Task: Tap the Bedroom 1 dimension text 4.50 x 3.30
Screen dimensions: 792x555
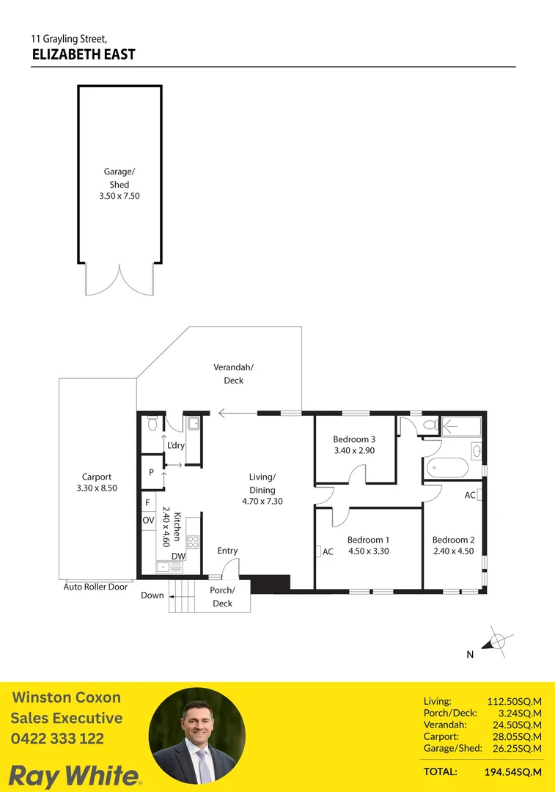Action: (x=368, y=551)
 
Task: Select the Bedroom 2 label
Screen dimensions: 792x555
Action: (x=452, y=540)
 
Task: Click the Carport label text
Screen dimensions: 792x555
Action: (x=97, y=477)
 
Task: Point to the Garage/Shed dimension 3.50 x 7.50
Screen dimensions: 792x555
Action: (x=119, y=196)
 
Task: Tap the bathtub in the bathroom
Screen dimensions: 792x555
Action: (x=446, y=468)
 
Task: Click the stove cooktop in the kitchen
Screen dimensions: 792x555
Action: (x=194, y=542)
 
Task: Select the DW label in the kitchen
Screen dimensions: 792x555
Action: (x=178, y=557)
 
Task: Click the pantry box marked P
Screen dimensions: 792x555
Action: (x=151, y=473)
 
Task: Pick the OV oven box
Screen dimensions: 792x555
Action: (x=148, y=520)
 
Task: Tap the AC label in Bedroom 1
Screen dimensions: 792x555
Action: (x=328, y=551)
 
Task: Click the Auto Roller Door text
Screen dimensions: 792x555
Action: (x=95, y=587)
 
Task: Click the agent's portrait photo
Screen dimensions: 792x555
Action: (x=196, y=736)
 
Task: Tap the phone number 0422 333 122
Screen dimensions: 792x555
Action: (x=57, y=739)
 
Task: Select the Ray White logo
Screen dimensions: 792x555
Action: (x=76, y=775)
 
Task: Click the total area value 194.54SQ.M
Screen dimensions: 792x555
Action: (x=512, y=771)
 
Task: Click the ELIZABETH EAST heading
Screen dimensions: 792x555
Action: (x=84, y=54)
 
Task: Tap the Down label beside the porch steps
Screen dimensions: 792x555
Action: (x=152, y=595)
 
